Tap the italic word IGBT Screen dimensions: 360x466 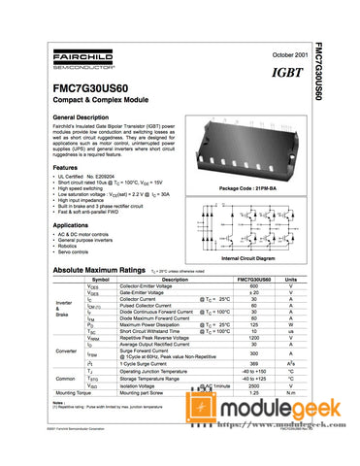point(278,74)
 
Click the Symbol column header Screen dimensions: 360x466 point(100,280)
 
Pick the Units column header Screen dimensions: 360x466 point(290,280)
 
